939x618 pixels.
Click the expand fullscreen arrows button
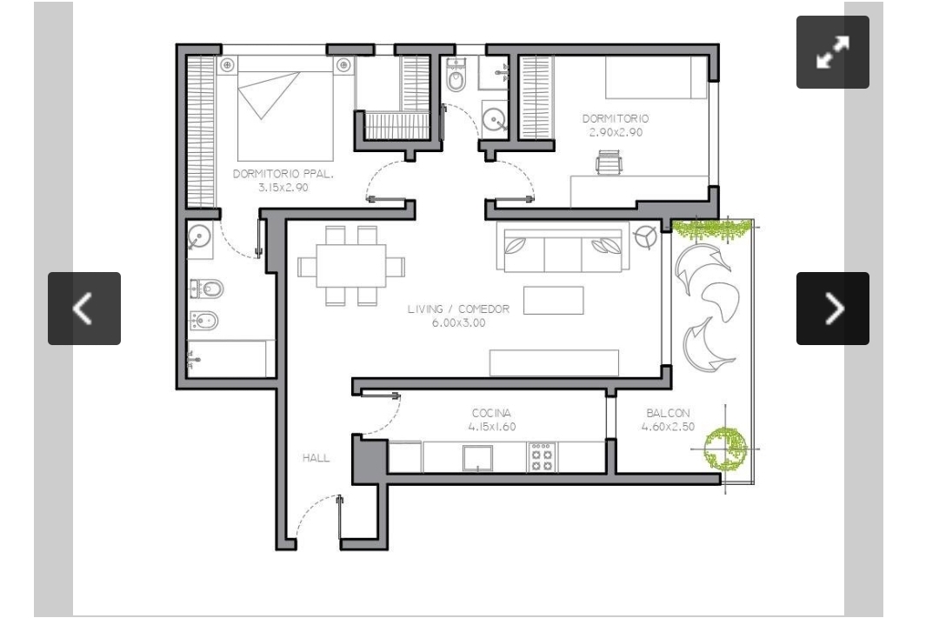[x=832, y=52]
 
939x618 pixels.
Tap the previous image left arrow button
[x=84, y=309]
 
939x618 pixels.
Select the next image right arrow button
[x=832, y=309]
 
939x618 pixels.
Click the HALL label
[x=316, y=458]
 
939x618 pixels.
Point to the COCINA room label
[x=491, y=413]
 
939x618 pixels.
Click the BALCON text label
[x=668, y=413]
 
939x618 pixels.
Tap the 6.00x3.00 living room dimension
[x=459, y=323]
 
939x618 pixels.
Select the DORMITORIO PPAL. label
[x=283, y=174]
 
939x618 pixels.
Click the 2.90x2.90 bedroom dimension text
[x=616, y=132]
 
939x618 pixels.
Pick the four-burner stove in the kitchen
[x=542, y=457]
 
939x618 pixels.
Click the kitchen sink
[x=478, y=458]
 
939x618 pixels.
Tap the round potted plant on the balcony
[x=726, y=448]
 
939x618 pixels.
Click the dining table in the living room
[x=351, y=265]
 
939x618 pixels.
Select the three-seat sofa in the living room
[x=563, y=247]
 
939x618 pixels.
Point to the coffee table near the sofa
[x=553, y=300]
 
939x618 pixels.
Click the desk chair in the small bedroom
[x=609, y=162]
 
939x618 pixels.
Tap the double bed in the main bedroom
[x=285, y=109]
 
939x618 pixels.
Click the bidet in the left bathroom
[x=203, y=322]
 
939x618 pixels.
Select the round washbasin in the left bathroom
[x=199, y=236]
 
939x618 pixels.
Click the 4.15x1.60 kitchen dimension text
[x=491, y=427]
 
